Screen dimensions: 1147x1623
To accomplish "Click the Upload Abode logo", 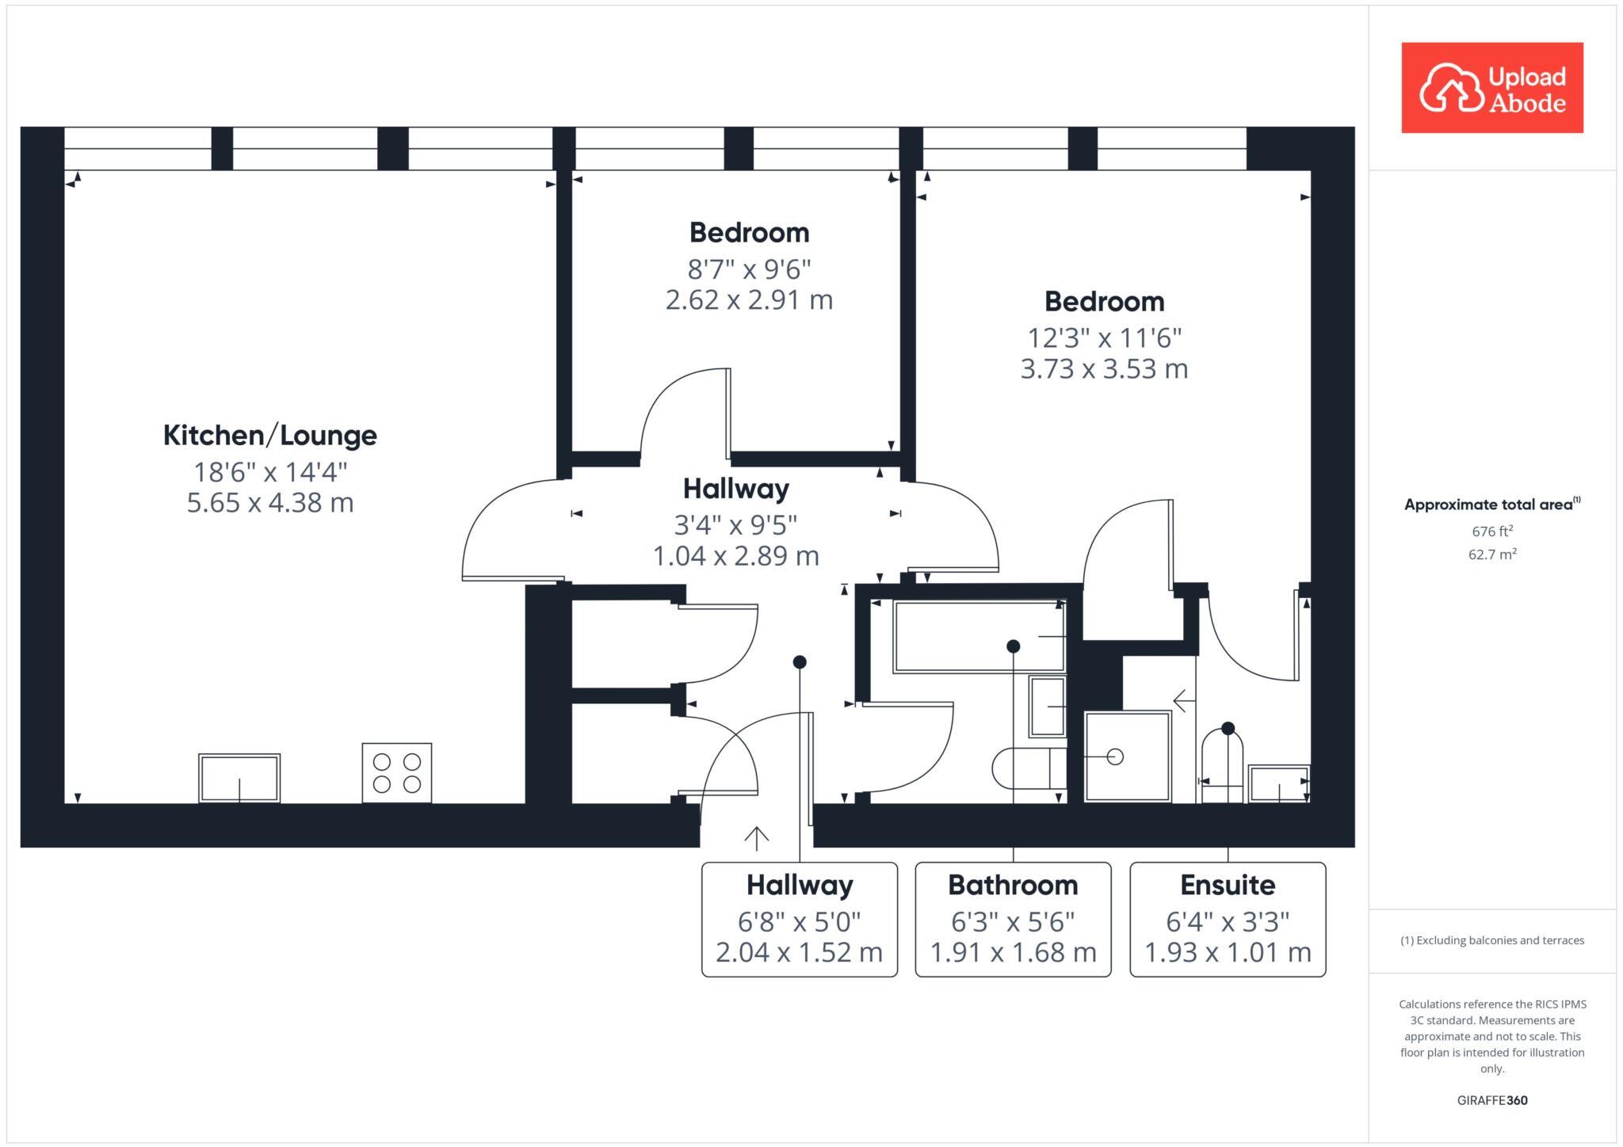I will click(1491, 88).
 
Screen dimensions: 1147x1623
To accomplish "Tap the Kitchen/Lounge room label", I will click(269, 435).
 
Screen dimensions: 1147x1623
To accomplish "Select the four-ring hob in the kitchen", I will click(396, 772).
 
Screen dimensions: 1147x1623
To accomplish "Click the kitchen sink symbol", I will click(239, 778).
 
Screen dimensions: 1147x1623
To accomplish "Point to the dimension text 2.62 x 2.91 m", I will click(748, 300).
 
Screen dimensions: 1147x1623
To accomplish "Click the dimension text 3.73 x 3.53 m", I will click(1103, 369).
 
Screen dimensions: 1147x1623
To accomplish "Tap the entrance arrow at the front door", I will click(757, 838).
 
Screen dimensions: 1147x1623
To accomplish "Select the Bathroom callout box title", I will click(1012, 885).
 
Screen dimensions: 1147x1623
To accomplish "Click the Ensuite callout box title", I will click(1227, 885).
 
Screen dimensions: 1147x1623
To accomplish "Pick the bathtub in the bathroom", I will click(979, 636).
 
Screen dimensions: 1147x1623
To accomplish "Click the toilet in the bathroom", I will click(1026, 768).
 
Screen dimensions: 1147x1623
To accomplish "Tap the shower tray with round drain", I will click(1126, 756).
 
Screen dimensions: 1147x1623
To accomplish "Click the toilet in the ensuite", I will click(1222, 764).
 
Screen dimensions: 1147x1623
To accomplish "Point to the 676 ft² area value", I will click(1492, 531).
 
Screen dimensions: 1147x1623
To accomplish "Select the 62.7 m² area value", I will click(1492, 554).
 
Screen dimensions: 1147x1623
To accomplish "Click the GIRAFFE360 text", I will click(1491, 1100).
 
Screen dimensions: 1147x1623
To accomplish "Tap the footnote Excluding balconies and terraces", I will click(1491, 940).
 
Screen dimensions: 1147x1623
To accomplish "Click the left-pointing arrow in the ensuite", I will click(1183, 700).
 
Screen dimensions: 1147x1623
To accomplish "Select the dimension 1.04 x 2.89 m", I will click(735, 556).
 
